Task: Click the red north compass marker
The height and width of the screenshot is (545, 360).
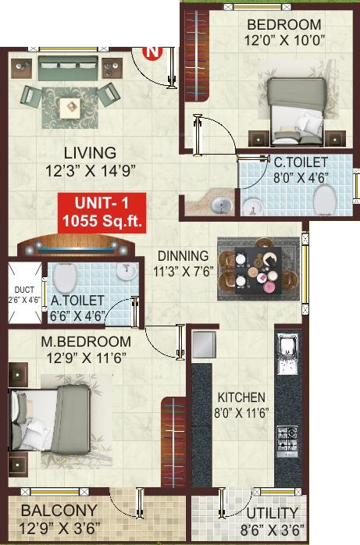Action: click(x=154, y=52)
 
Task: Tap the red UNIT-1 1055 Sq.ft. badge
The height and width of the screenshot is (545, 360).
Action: click(x=103, y=212)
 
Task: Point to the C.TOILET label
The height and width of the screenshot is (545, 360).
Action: click(x=300, y=162)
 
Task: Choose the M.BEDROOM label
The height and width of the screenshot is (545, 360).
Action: click(x=87, y=342)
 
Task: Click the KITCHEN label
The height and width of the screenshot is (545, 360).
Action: click(x=241, y=397)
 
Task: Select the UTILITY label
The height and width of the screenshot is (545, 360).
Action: click(x=273, y=513)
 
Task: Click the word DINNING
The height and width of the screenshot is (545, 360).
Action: click(x=183, y=255)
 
